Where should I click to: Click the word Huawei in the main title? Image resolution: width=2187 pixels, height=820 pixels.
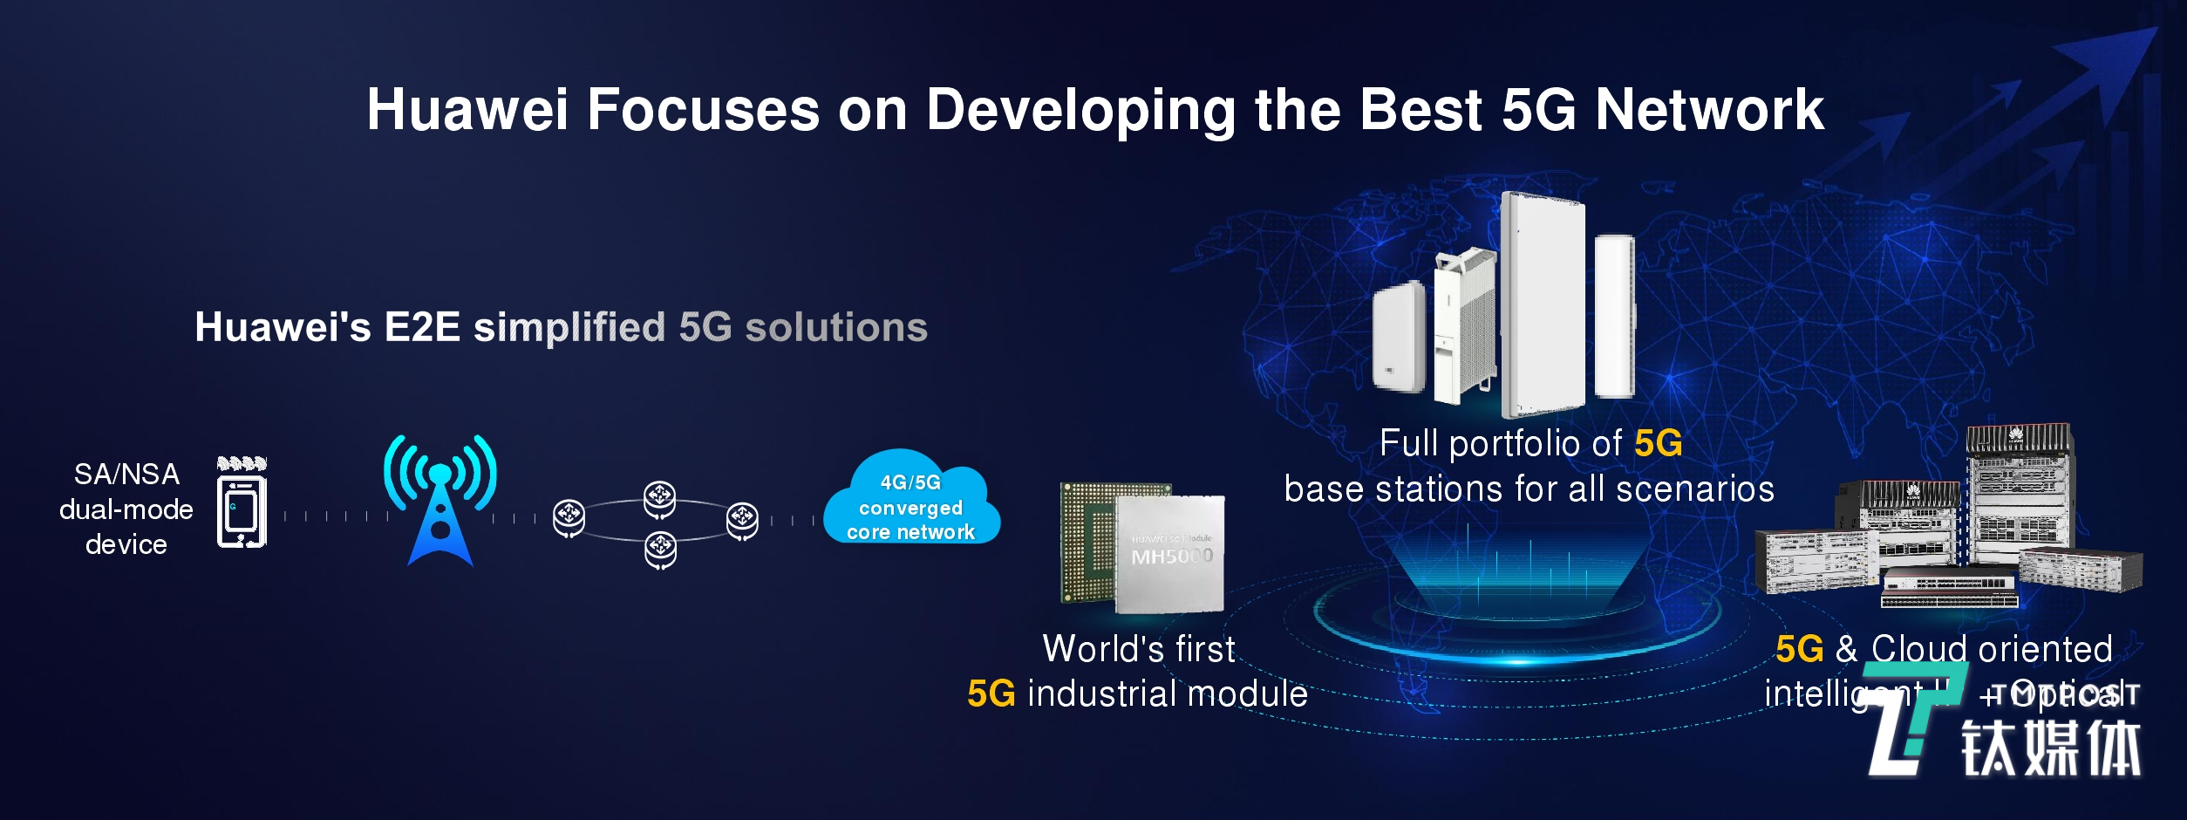467,110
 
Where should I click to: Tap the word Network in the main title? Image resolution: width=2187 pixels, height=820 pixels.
1709,110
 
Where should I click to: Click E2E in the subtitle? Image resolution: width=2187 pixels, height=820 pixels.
422,327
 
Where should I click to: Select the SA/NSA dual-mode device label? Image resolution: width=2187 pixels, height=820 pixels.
126,509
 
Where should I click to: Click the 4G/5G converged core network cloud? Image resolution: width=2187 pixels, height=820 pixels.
911,502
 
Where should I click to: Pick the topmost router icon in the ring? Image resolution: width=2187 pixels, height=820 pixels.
659,498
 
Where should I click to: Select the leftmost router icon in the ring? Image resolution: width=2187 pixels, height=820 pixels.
569,517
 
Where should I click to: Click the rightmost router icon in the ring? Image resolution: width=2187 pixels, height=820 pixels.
742,520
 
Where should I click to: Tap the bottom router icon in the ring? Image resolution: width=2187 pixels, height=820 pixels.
660,550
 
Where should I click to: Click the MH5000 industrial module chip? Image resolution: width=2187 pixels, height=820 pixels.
1142,546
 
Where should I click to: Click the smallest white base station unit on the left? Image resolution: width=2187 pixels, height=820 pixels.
1398,336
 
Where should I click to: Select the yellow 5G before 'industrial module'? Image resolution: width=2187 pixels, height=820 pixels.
991,694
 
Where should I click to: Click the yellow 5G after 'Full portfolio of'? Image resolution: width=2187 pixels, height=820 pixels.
1658,444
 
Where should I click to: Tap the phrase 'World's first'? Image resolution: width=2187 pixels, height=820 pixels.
1139,649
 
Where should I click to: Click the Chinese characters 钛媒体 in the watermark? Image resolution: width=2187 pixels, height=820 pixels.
2051,748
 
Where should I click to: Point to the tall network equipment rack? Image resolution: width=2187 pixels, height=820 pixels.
2019,493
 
